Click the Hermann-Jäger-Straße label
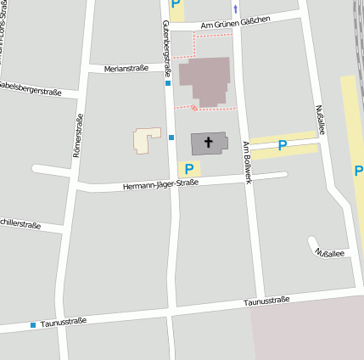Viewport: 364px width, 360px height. (160, 183)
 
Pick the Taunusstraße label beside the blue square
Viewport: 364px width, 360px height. (64, 323)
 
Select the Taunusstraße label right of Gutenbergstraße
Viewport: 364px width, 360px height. (266, 301)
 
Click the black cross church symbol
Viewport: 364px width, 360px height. (209, 143)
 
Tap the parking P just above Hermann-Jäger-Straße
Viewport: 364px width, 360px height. (188, 169)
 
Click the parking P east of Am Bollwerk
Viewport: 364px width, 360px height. (283, 146)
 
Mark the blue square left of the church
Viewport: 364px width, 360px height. (171, 137)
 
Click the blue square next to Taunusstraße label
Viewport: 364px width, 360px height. (33, 325)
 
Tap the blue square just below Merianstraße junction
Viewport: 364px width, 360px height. (169, 83)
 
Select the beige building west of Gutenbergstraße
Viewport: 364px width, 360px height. (146, 140)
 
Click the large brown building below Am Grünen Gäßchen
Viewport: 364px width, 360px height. (204, 82)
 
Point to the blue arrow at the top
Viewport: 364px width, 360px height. (236, 8)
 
